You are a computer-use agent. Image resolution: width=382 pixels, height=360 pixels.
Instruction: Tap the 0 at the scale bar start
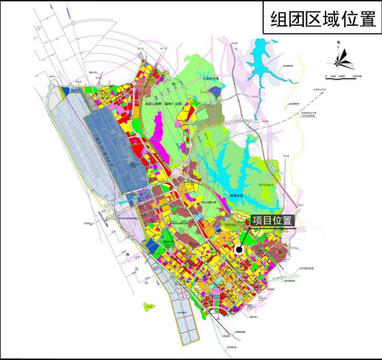[326, 76]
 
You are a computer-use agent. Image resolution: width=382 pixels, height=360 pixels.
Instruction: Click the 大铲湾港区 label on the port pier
[183, 313]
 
